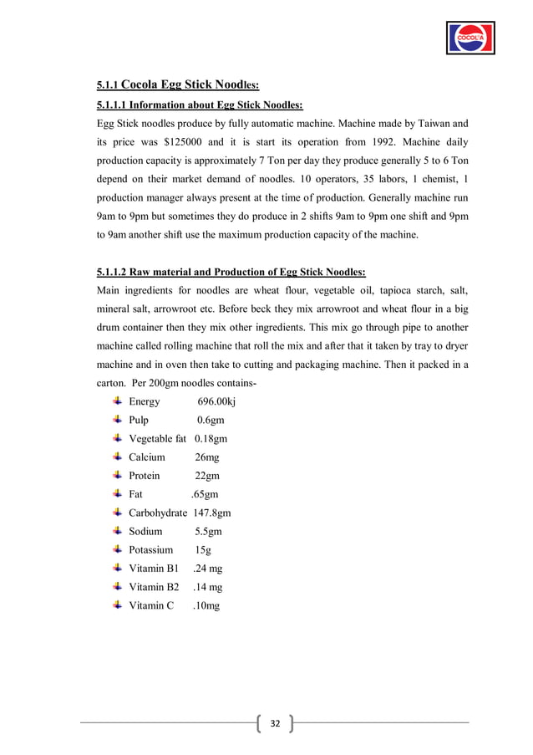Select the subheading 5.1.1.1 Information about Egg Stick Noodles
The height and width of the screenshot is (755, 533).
pos(200,105)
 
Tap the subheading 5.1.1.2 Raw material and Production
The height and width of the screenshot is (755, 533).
pos(231,272)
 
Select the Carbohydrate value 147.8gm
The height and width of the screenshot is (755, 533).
pos(212,513)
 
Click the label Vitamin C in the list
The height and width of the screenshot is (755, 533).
pos(150,605)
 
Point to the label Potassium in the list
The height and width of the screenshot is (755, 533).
pos(150,549)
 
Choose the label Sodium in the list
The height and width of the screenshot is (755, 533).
pos(145,531)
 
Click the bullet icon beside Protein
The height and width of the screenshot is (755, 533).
pos(116,475)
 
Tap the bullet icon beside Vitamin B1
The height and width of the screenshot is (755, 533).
pos(116,567)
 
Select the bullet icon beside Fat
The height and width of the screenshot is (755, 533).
pos(116,493)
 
